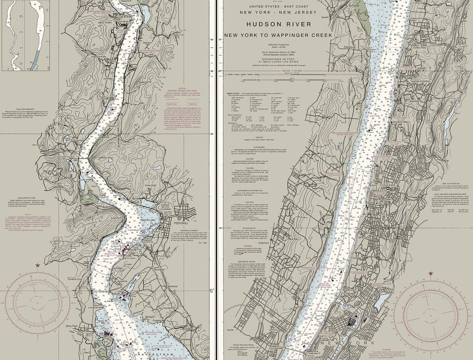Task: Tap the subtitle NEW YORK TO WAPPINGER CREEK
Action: [278, 35]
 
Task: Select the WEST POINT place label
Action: [105, 23]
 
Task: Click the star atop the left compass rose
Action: [37, 266]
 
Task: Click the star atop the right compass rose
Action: [431, 274]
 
